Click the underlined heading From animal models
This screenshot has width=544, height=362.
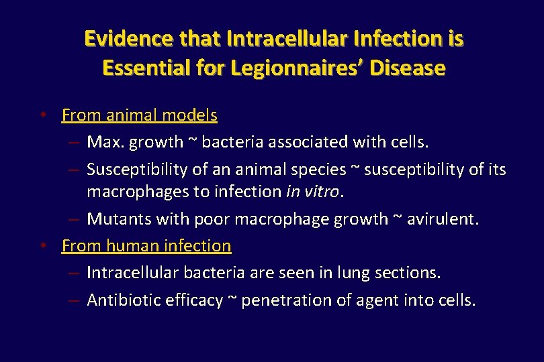(x=139, y=115)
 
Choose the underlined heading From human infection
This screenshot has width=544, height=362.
(x=146, y=246)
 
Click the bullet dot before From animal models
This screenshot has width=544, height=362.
(x=42, y=115)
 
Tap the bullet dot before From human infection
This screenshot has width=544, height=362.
(x=42, y=246)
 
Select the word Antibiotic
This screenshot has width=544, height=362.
(x=121, y=300)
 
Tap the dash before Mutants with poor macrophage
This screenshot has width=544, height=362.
(x=75, y=219)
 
